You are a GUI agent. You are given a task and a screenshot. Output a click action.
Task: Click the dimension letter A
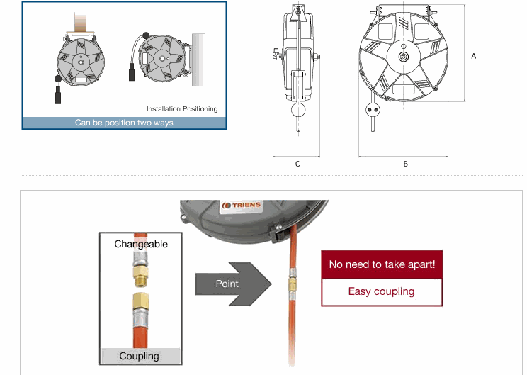[474, 55]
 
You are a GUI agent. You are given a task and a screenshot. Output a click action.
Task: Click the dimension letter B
[405, 164]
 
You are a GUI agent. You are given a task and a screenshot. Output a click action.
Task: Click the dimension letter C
[297, 164]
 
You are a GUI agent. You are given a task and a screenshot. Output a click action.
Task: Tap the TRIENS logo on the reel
[242, 206]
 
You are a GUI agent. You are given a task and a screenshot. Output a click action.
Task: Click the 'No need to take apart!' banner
[382, 264]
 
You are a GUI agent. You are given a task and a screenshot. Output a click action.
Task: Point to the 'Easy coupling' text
[382, 291]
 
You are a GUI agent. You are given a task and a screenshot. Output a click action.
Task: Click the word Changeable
[141, 244]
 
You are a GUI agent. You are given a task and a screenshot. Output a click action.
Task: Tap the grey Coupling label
[139, 356]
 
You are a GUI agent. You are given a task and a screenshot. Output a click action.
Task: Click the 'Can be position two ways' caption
[124, 123]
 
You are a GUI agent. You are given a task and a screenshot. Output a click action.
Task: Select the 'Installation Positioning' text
[182, 109]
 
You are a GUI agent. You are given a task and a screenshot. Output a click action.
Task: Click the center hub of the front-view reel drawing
[404, 57]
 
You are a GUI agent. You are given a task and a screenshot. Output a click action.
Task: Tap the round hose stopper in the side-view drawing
[297, 111]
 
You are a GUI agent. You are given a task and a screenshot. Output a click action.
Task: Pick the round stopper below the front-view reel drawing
[371, 111]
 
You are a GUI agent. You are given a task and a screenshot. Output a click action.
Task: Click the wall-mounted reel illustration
[161, 57]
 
